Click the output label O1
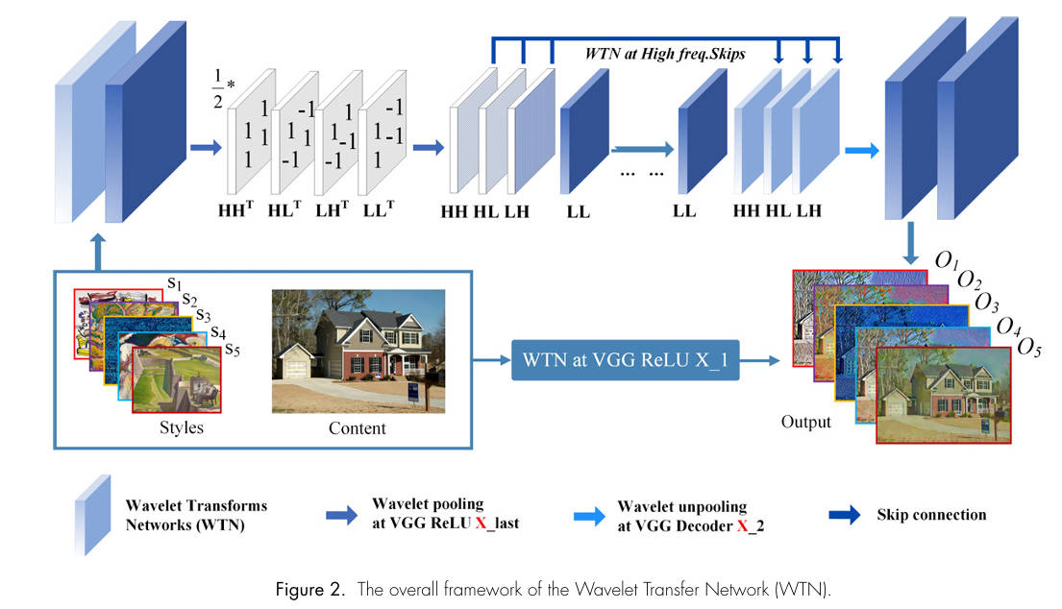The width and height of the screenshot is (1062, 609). pyautogui.click(x=946, y=261)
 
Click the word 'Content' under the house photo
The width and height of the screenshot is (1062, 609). pyautogui.click(x=358, y=428)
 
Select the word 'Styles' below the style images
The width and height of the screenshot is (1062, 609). pyautogui.click(x=183, y=427)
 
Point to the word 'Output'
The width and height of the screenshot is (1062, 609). pyautogui.click(x=805, y=422)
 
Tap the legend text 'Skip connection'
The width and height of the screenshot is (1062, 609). pyautogui.click(x=930, y=516)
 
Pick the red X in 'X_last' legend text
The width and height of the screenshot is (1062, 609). pyautogui.click(x=481, y=524)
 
